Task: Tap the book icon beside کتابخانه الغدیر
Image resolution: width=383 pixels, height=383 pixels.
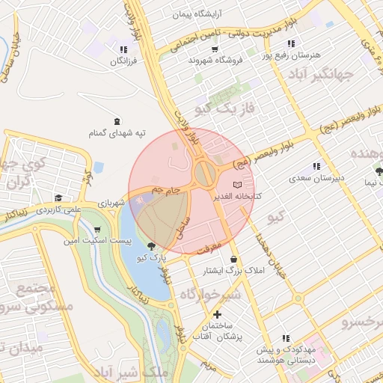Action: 238,184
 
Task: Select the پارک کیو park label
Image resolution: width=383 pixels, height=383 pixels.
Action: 150,257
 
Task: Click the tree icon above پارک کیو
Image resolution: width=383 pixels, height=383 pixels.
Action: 153,245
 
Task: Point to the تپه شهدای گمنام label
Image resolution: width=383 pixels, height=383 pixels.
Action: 117,133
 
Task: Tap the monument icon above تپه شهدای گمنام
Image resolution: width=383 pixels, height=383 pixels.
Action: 117,121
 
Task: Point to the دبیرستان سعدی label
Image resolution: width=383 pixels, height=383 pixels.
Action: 316,178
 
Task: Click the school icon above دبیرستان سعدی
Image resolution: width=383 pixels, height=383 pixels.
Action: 316,166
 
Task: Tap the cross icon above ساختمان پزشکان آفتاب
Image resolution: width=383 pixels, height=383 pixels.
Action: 217,315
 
